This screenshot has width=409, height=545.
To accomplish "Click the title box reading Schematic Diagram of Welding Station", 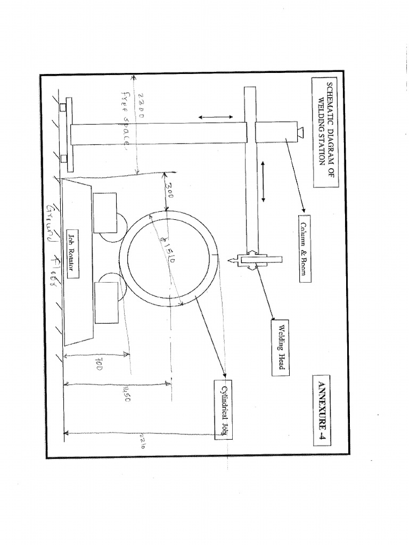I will [x=324, y=133].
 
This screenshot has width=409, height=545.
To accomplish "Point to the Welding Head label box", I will [x=280, y=348].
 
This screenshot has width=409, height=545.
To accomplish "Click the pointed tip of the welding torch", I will [x=230, y=261].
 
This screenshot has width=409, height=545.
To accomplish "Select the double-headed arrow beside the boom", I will [x=263, y=180].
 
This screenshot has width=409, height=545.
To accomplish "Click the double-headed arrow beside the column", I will [x=216, y=117].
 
